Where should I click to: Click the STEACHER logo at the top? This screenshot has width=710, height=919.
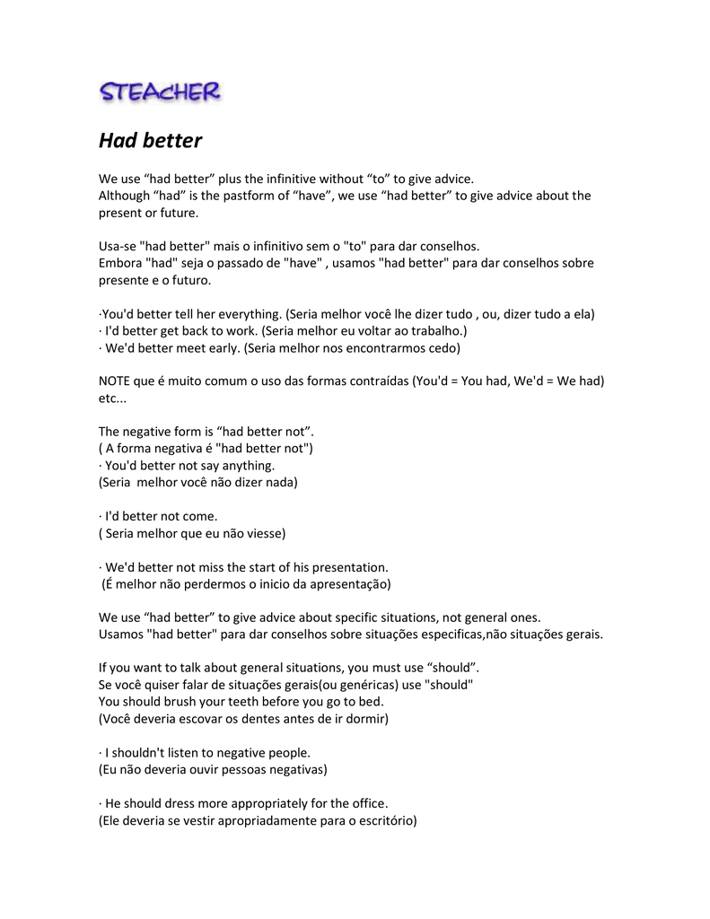click(x=161, y=92)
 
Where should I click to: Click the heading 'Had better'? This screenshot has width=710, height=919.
click(x=150, y=141)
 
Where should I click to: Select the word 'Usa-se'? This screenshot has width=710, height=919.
click(x=118, y=246)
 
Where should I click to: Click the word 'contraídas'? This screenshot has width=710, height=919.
click(x=377, y=381)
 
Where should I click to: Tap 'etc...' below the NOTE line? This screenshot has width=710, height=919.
click(x=112, y=398)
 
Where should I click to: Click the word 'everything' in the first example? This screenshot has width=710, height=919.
click(x=249, y=314)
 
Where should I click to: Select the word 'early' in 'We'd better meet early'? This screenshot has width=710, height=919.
click(x=223, y=347)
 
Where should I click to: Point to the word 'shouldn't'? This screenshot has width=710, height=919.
click(x=143, y=752)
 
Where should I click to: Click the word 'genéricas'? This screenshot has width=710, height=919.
click(x=355, y=685)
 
